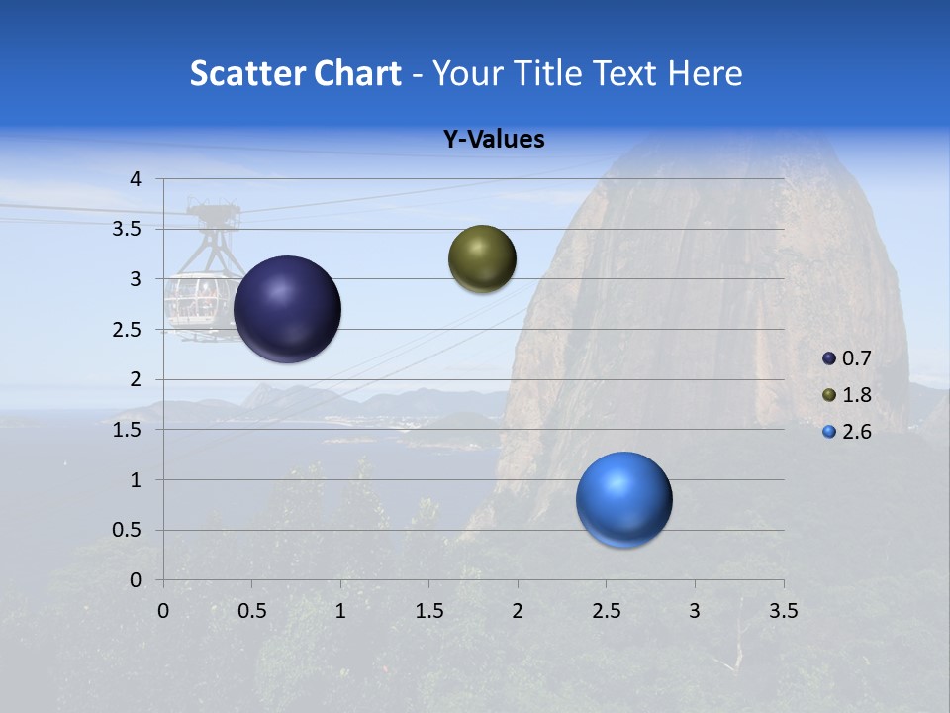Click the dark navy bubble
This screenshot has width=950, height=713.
coord(288,309)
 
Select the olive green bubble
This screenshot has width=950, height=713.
coord(482,259)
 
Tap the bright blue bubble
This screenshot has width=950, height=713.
coord(623,499)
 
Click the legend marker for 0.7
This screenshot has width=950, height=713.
coord(829,358)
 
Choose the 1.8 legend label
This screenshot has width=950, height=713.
coord(856,395)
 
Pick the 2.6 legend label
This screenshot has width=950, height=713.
coord(856,432)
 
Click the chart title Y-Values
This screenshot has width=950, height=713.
coord(494,140)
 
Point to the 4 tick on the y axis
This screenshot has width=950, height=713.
coord(136,179)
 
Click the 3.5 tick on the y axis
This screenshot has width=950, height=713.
coord(128,229)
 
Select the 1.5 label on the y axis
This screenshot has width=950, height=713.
coord(128,430)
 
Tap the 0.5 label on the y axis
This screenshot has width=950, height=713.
coord(128,530)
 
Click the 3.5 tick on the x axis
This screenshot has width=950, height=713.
coord(783,611)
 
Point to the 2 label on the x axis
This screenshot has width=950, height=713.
coord(518,611)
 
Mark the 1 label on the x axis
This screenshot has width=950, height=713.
coord(340,611)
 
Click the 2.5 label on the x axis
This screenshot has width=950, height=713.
coord(606,611)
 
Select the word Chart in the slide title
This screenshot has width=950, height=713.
coord(357,73)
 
